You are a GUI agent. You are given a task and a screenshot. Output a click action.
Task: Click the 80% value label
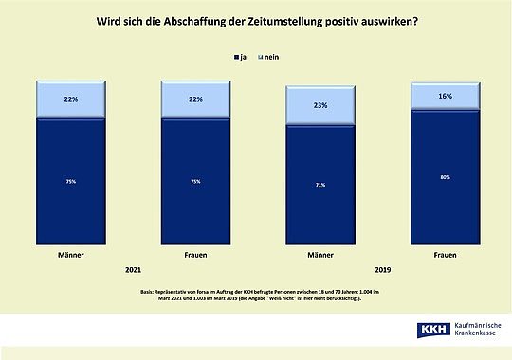445,174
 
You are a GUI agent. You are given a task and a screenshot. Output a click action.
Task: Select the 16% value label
445,96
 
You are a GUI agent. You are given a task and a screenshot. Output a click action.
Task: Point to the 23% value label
320,106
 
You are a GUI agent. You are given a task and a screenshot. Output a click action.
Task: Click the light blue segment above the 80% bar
445,96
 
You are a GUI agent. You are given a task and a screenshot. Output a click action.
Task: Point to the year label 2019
382,269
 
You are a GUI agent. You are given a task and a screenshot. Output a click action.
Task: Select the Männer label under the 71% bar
320,256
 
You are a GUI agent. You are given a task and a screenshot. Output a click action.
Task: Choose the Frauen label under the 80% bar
445,256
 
